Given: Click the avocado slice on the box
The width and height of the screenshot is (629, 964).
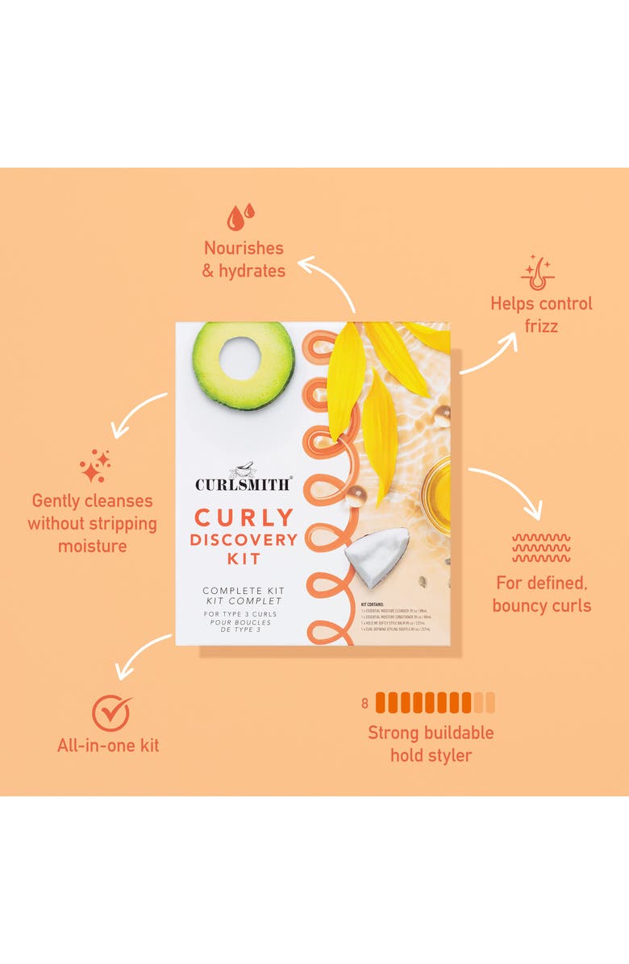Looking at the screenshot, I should [242, 364].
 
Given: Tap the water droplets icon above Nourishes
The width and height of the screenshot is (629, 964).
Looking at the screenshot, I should [240, 216].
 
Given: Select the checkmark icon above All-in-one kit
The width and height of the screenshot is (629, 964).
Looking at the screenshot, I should [111, 713].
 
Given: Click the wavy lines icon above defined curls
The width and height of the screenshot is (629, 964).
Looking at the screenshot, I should [541, 548].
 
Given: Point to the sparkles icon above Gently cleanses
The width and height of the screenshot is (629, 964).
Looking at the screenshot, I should [95, 466].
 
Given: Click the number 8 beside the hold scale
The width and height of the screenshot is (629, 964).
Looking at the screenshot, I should [364, 704].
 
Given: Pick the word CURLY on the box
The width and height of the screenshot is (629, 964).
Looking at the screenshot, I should [244, 516].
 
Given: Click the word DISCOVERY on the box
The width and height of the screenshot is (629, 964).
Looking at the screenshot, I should [244, 539].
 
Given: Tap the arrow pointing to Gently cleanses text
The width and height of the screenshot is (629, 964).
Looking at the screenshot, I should [139, 416].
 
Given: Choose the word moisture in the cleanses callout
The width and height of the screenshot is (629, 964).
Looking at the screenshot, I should [92, 546].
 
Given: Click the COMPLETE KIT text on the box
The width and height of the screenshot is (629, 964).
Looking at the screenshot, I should [244, 591].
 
